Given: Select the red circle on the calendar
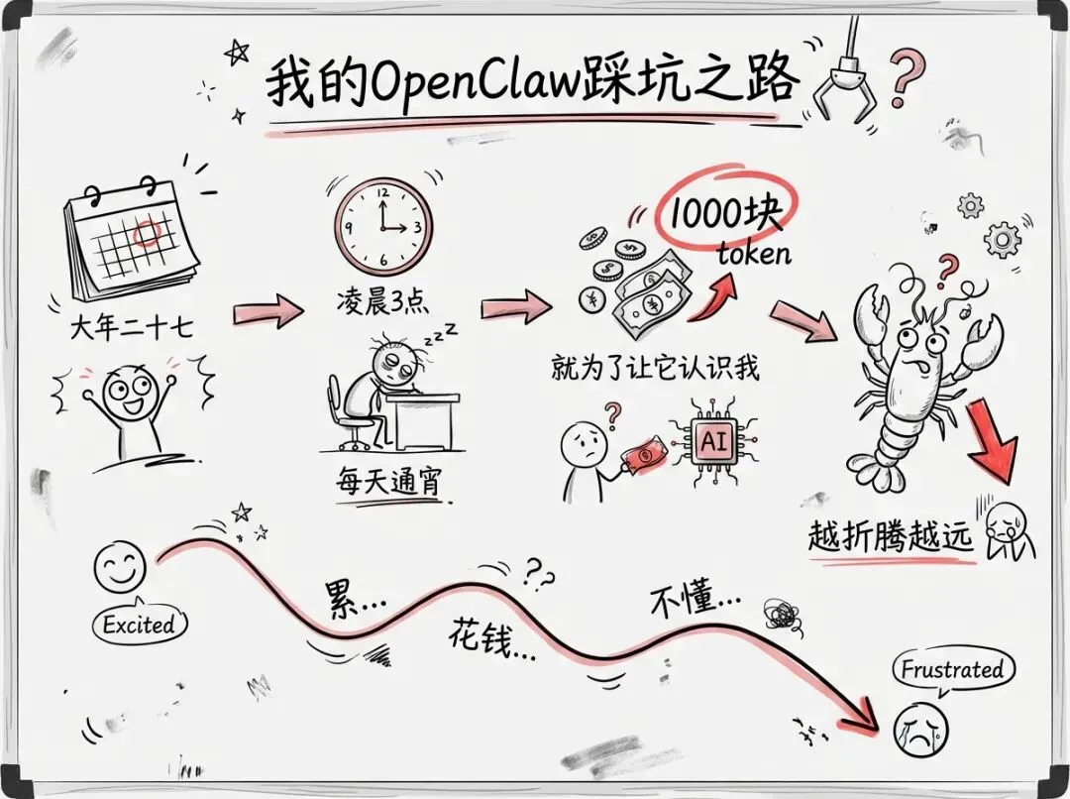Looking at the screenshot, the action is coord(147,234).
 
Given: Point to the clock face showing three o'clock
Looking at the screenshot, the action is coord(383,224).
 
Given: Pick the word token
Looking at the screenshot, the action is coord(754,253).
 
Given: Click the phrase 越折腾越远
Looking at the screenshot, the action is coord(891,536).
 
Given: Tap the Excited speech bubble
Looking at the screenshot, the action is coord(139,625).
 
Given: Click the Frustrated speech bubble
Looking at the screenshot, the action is coord(951,670).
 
